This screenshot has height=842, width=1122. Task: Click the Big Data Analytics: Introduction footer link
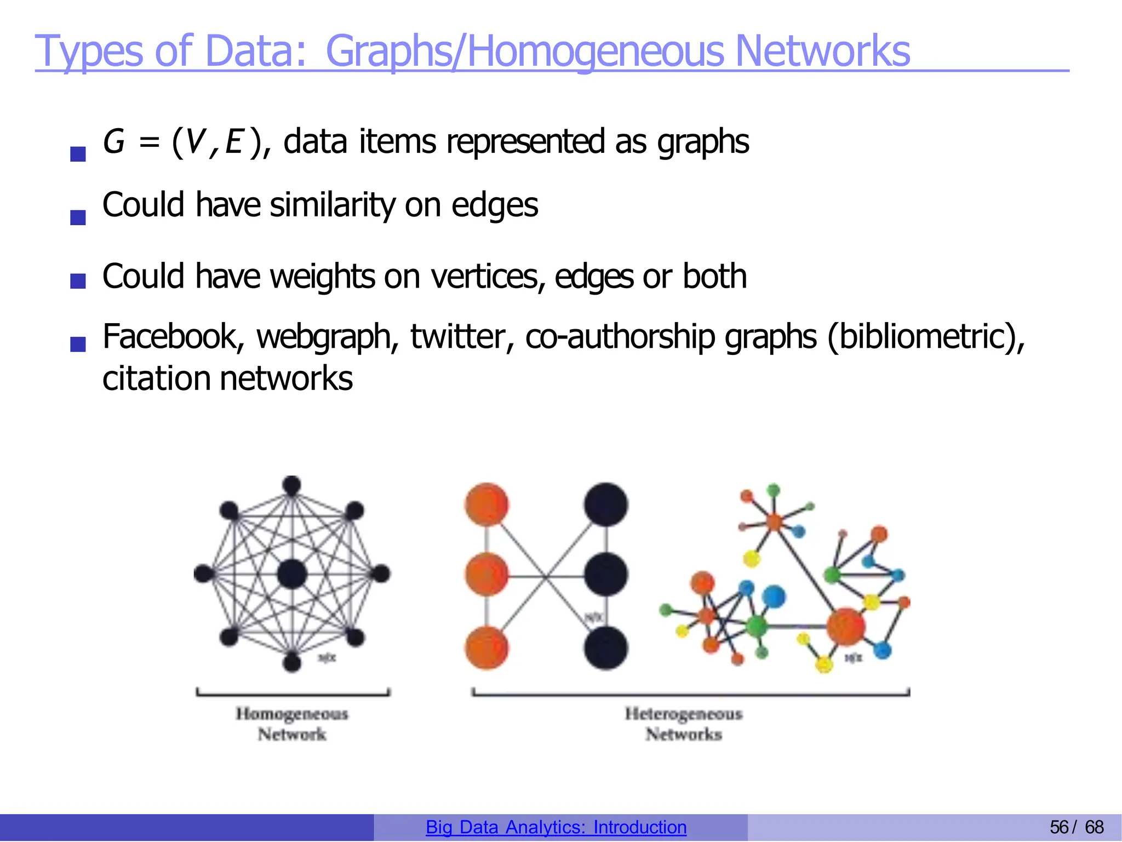point(556,827)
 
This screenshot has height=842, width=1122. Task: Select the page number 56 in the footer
point(1058,827)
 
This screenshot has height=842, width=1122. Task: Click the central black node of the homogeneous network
point(292,574)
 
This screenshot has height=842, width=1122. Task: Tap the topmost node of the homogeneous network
point(291,485)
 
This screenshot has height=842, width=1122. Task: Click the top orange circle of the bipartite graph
point(486,505)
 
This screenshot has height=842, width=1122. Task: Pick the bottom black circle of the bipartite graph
point(605,648)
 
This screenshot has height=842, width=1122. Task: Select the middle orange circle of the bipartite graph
point(486,575)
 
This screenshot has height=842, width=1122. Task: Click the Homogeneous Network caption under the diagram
point(292,724)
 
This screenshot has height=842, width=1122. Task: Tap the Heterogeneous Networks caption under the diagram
point(684,724)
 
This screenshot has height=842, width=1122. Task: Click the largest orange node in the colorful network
point(845,626)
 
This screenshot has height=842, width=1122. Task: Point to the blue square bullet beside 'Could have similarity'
point(78,217)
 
